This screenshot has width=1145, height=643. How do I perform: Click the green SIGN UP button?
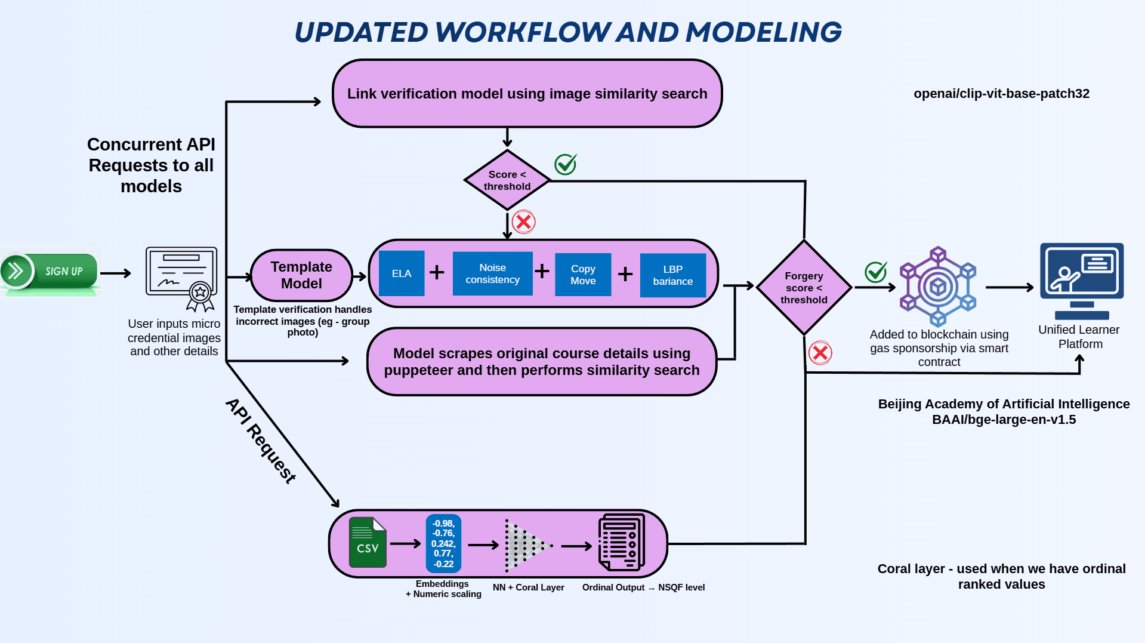(51, 271)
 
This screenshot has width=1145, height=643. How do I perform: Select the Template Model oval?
(301, 275)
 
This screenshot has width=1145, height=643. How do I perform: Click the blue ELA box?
(402, 273)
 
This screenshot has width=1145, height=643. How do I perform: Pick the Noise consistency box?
(492, 273)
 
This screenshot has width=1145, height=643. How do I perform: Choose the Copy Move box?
(583, 275)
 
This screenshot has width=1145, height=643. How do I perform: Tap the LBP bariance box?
(672, 275)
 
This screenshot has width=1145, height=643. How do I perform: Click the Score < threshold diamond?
(507, 180)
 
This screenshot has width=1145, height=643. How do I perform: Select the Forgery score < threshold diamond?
(804, 288)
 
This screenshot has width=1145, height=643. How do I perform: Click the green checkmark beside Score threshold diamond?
(565, 164)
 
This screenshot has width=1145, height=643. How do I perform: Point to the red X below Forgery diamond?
(820, 353)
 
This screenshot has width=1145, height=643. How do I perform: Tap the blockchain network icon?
(938, 287)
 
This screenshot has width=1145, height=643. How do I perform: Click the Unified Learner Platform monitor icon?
(1081, 281)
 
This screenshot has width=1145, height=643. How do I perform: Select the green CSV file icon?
(368, 542)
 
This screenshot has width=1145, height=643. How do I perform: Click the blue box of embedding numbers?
(443, 543)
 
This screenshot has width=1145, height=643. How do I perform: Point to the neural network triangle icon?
(526, 545)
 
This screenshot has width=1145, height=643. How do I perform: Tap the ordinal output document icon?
(621, 543)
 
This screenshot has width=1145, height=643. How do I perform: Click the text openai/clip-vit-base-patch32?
(1001, 94)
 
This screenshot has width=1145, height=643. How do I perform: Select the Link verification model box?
(527, 94)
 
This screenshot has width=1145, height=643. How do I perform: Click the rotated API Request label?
(261, 441)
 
